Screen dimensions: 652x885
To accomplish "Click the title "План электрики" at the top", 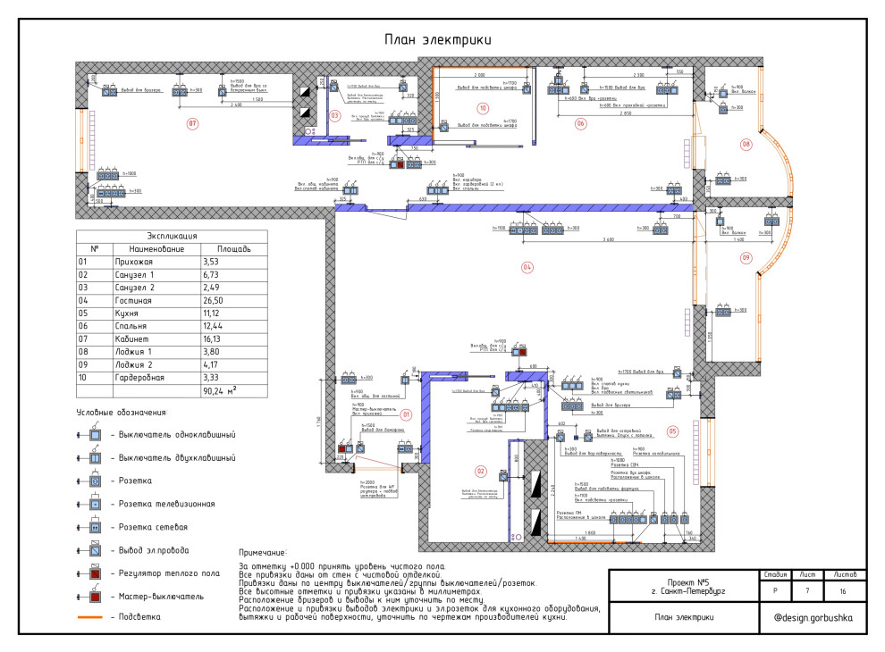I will (x=438, y=40).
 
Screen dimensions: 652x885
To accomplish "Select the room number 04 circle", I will (x=527, y=267).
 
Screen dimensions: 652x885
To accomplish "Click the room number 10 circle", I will (x=483, y=108).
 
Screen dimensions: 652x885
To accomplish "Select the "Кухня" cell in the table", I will (x=142, y=313).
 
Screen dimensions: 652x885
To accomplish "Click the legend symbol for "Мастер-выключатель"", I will (x=93, y=595).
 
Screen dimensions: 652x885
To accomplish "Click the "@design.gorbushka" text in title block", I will (x=813, y=617).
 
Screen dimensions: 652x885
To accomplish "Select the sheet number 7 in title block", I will (x=807, y=591).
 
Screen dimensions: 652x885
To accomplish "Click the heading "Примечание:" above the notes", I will (x=263, y=553).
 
